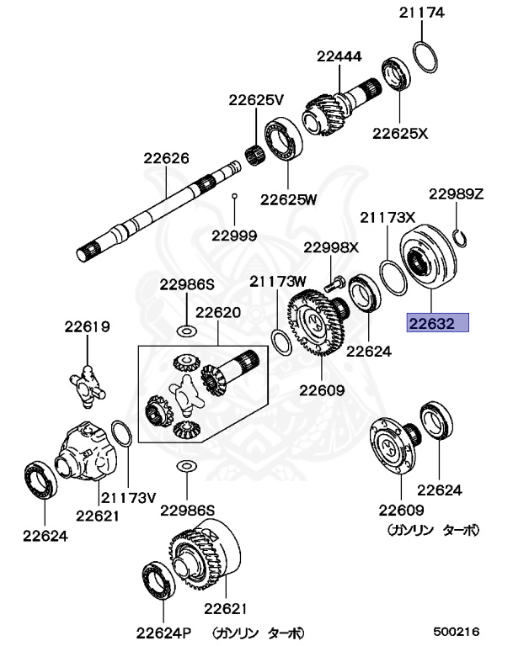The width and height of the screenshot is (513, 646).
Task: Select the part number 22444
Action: point(339,57)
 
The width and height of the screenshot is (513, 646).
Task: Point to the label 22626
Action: point(166,157)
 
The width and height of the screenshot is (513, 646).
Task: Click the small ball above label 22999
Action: point(235,197)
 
